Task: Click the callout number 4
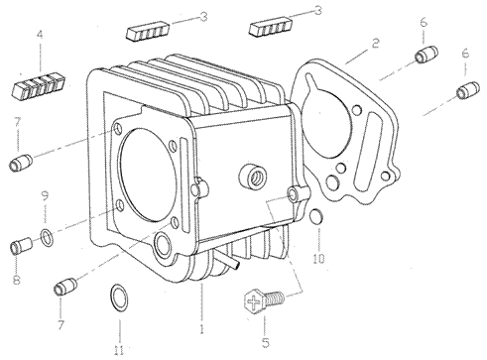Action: pos(40,35)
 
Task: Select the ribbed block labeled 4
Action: pos(40,86)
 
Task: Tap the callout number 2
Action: pos(375,44)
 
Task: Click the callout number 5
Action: pos(266,343)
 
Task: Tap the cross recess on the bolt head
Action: pos(254,302)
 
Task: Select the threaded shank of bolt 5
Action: pos(275,299)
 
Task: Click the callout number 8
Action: pos(17,280)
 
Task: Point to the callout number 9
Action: pos(45,195)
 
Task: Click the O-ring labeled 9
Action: pos(47,237)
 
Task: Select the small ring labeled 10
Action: pos(315,216)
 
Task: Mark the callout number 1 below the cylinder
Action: pos(201,329)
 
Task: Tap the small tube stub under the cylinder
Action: pos(230,260)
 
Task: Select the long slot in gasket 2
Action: pos(368,153)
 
